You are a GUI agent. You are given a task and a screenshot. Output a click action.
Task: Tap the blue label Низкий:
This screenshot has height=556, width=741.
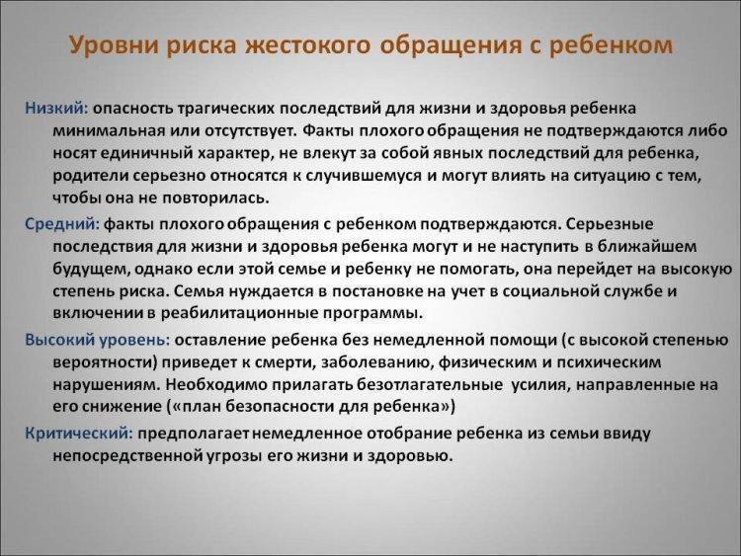[56, 109]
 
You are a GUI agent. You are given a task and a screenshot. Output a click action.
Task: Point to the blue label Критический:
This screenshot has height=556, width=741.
[79, 434]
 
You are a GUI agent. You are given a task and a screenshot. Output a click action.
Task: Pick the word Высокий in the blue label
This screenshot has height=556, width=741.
[58, 340]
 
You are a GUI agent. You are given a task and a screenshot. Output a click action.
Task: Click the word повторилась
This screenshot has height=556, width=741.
[215, 198]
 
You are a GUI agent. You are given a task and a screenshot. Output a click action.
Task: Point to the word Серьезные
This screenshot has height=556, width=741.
[610, 224]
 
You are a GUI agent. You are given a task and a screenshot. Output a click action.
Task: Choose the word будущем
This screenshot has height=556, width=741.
[91, 270]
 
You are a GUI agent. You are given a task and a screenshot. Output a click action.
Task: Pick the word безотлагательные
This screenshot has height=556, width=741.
[430, 384]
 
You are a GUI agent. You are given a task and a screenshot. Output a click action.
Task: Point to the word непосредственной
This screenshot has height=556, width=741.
[128, 456]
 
